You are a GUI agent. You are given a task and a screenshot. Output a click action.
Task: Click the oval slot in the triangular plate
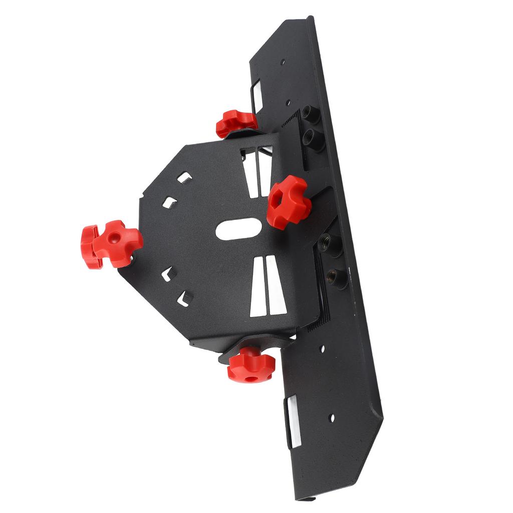[x=240, y=228]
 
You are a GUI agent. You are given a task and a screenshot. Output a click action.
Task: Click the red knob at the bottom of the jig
[x=251, y=365]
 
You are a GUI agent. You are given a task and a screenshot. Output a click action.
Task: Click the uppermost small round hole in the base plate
[x=283, y=63]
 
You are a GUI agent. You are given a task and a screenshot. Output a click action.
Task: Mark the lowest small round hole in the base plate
[x=331, y=417]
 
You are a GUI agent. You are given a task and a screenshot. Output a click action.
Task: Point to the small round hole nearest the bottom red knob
[x=322, y=348]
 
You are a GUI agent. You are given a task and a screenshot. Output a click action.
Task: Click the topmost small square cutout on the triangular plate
[x=185, y=177]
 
